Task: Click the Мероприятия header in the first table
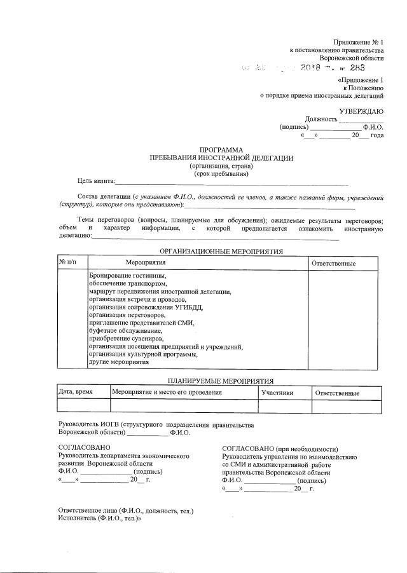(x=146, y=262)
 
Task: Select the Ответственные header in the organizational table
(x=333, y=263)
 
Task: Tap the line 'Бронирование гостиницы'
(x=127, y=275)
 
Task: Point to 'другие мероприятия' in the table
(x=119, y=362)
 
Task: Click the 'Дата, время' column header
(x=76, y=393)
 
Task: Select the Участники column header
(x=277, y=393)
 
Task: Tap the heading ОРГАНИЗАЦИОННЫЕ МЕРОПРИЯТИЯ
(x=221, y=251)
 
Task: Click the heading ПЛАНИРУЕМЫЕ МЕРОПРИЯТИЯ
(x=221, y=381)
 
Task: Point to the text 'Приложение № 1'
(x=359, y=42)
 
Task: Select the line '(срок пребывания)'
(x=221, y=173)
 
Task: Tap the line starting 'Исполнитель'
(x=99, y=518)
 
